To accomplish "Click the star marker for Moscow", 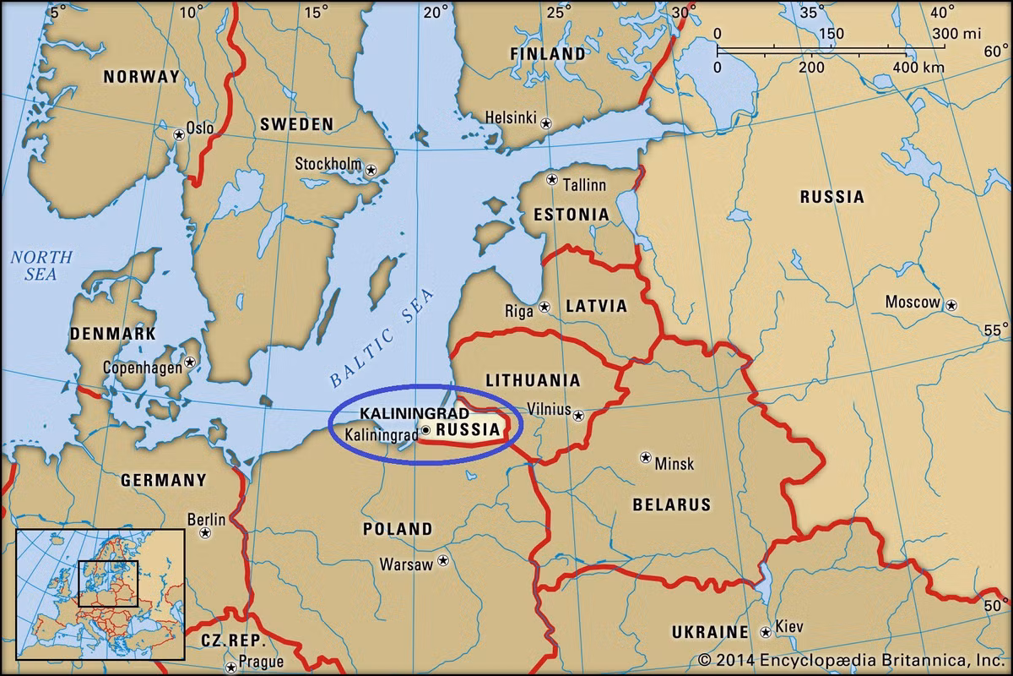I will (951, 304).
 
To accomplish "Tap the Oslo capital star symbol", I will (178, 134).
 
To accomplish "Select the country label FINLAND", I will (547, 54).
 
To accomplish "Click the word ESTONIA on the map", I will (571, 215).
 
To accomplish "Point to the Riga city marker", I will (544, 307).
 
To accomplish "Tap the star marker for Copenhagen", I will (190, 363).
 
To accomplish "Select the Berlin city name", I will (206, 519).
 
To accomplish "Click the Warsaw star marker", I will (442, 561).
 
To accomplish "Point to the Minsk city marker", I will (646, 457).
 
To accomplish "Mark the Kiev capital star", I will (765, 631).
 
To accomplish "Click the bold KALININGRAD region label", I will (402, 413).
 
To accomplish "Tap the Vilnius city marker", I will (578, 415).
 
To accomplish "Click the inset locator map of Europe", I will (100, 591).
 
